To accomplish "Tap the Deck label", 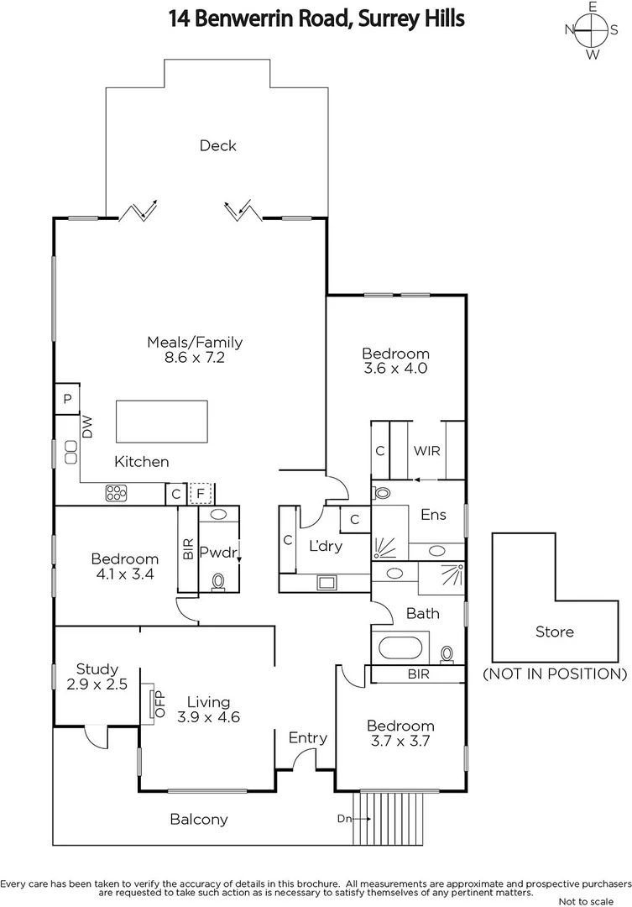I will pyautogui.click(x=217, y=145).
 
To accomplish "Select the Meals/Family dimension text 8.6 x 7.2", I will pyautogui.click(x=195, y=357).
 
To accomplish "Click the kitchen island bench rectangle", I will pyautogui.click(x=161, y=422).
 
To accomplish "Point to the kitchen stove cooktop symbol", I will pyautogui.click(x=116, y=494).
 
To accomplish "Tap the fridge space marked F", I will pyautogui.click(x=201, y=494).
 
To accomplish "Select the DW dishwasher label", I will pyautogui.click(x=87, y=427).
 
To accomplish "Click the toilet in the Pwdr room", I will pyautogui.click(x=219, y=580).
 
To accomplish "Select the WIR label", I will pyautogui.click(x=426, y=450).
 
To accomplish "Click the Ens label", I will pyautogui.click(x=433, y=515).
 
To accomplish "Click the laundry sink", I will pyautogui.click(x=325, y=581).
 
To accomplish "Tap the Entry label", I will pyautogui.click(x=307, y=737).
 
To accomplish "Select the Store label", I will pyautogui.click(x=554, y=632).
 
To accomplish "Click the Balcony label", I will pyautogui.click(x=199, y=819).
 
